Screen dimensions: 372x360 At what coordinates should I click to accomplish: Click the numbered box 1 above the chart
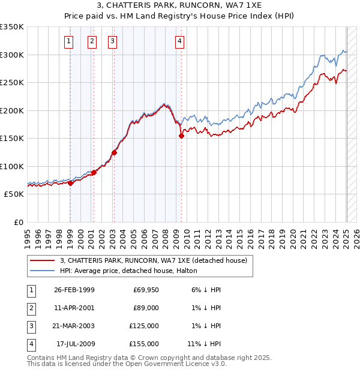[70, 41]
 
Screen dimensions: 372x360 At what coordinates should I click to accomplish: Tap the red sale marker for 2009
[181, 136]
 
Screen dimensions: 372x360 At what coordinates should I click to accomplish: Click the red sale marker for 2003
[114, 152]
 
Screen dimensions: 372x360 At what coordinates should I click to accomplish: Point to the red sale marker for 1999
[71, 183]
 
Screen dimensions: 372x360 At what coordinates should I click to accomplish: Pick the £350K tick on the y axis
[12, 27]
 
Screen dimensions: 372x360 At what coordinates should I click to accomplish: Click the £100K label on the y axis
[12, 166]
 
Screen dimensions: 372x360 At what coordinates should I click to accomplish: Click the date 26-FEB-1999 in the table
[74, 290]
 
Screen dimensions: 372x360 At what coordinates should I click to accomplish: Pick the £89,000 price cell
[144, 308]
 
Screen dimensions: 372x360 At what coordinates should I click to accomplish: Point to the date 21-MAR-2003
[74, 326]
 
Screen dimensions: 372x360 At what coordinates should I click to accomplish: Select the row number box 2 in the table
[29, 308]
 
